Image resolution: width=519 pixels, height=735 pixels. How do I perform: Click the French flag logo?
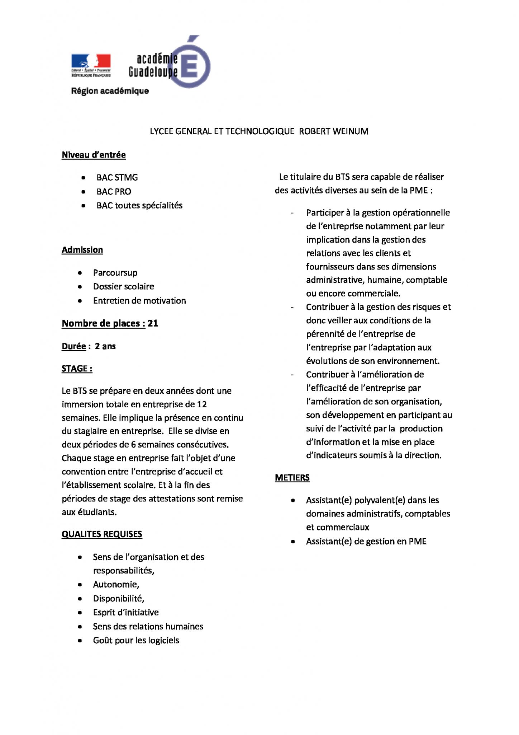tap(91, 61)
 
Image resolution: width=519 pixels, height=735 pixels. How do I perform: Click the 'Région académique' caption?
tap(110, 91)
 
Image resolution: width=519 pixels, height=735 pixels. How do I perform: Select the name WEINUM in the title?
tap(350, 131)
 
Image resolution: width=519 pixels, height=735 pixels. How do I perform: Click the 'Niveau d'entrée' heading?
tap(94, 155)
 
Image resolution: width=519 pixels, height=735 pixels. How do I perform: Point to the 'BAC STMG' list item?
tap(117, 178)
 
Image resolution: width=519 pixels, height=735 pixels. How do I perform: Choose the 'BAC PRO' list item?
tap(114, 192)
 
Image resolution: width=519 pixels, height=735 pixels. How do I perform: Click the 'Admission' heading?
tap(82, 250)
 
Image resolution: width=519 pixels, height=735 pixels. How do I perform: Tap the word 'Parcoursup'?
tap(115, 273)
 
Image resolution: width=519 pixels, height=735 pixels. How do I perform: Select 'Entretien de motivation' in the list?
tap(139, 301)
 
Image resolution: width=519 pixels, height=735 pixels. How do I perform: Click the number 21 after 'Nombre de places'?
tap(153, 323)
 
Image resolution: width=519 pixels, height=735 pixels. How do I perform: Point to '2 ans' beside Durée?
tap(105, 346)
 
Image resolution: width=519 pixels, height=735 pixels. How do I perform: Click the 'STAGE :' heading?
tap(77, 369)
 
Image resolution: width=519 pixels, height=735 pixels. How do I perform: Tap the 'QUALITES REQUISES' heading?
tap(102, 534)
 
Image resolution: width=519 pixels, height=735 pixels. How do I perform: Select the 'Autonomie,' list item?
tap(116, 585)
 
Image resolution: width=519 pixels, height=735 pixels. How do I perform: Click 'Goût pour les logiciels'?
tap(136, 640)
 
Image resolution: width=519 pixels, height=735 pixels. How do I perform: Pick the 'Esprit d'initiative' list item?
tap(126, 612)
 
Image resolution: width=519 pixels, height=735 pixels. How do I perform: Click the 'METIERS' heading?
tap(292, 478)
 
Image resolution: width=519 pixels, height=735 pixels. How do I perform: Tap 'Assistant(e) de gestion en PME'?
tap(366, 542)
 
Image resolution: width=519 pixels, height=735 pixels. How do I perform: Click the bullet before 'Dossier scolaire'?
tap(80, 287)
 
